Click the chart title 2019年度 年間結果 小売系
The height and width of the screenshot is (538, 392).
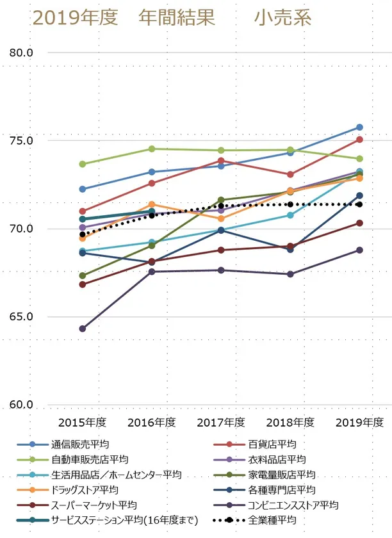[x=172, y=18]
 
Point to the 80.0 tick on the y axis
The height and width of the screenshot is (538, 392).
[x=21, y=52]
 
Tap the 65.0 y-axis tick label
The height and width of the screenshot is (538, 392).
[x=21, y=317]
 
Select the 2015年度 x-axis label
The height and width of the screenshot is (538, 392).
[x=82, y=423]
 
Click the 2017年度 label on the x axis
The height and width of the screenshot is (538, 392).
[x=221, y=423]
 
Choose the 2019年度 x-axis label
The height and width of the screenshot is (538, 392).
[x=359, y=423]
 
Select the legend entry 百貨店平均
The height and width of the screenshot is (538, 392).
[x=272, y=444]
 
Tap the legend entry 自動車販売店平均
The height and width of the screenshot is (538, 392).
[x=90, y=459]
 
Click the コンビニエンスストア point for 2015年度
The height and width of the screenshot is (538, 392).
[x=82, y=329]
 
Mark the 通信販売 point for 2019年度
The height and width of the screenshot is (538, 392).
[x=359, y=127]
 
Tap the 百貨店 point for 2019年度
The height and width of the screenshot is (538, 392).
[x=359, y=140]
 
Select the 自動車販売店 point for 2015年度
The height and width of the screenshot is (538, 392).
[x=82, y=164]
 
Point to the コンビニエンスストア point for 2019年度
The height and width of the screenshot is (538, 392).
[x=359, y=250]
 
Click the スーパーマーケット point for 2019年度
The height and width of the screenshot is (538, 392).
[x=359, y=223]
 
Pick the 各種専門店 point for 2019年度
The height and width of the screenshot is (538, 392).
[x=359, y=195]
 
